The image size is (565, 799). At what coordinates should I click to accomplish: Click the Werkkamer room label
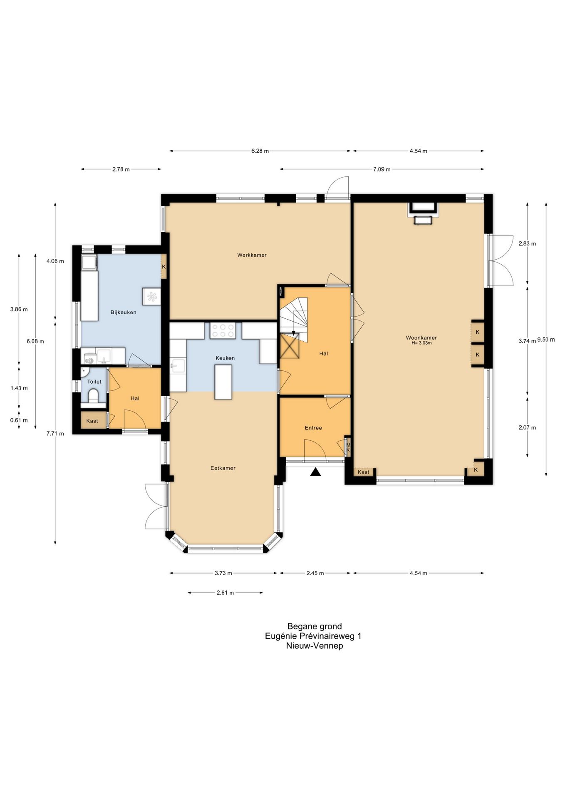(252, 255)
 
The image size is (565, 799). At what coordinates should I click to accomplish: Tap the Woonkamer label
(421, 337)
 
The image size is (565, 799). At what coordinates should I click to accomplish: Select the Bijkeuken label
(123, 312)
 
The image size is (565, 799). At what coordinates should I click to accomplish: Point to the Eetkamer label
(223, 468)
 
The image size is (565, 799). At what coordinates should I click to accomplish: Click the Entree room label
(313, 428)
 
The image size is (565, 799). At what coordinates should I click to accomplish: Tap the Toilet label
(94, 382)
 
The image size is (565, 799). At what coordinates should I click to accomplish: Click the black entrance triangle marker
(316, 471)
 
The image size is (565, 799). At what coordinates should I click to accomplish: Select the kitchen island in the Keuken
(223, 382)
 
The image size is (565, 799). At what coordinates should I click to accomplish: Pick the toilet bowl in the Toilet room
(93, 396)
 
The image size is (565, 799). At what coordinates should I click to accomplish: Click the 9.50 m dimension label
(546, 340)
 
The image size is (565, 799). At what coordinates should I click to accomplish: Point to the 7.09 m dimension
(382, 169)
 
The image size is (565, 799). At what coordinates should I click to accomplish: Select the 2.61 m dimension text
(225, 593)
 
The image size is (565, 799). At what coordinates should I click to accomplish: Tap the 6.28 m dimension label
(260, 151)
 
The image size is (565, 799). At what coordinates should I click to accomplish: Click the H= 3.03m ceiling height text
(421, 343)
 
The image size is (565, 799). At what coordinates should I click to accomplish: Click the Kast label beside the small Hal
(92, 421)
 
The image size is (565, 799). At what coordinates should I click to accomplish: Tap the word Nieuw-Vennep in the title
(315, 646)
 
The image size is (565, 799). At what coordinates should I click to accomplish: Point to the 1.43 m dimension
(19, 388)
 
